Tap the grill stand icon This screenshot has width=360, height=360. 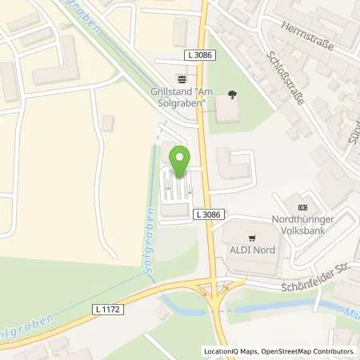(x=182, y=79)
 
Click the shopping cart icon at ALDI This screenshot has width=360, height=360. (x=252, y=238)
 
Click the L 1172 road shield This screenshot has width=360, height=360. (x=111, y=310)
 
